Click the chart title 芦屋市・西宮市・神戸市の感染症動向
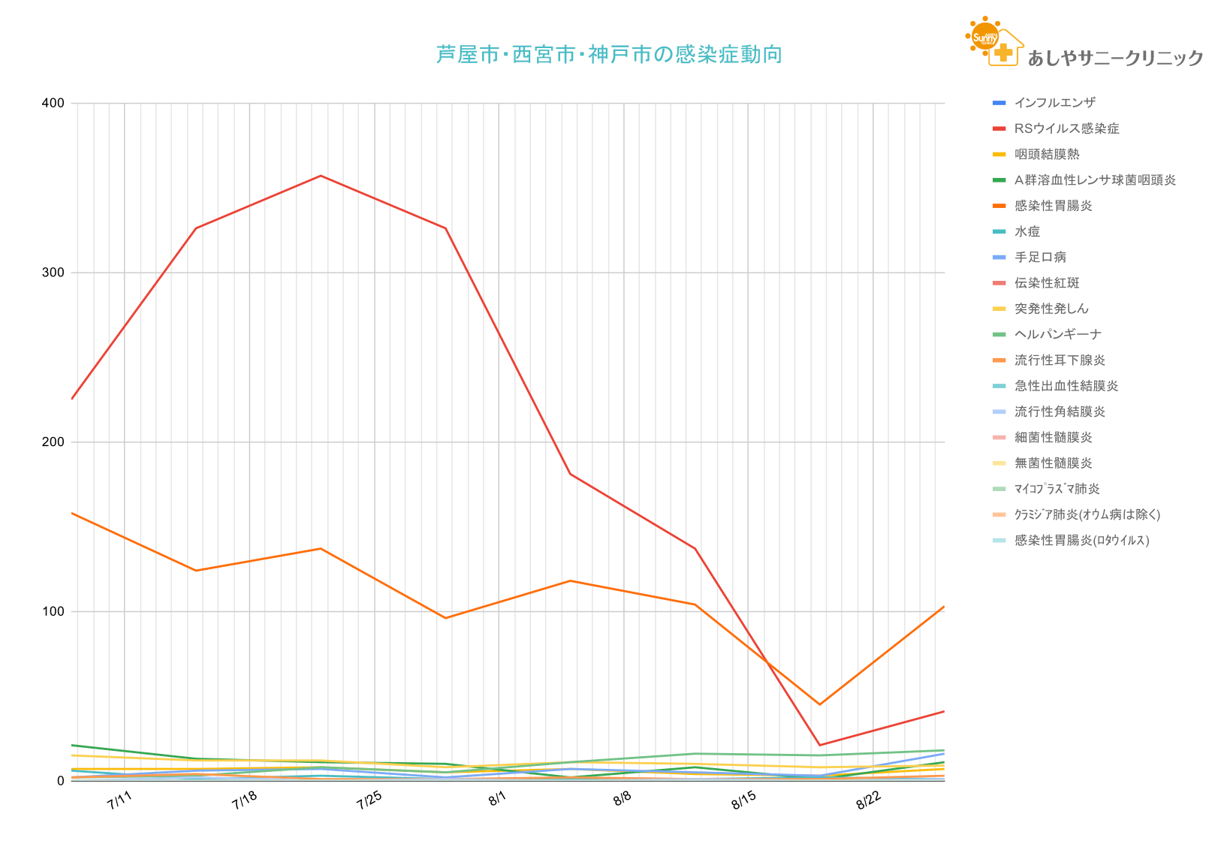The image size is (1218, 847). pos(609,55)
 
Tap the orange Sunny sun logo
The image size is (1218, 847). pos(984,36)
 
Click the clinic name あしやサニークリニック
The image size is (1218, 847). pos(1114,59)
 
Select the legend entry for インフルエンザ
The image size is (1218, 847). pos(1054,103)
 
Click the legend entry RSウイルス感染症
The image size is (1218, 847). pos(1066,128)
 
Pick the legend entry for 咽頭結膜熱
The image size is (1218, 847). pos(1047,154)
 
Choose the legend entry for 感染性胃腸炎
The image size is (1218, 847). pos(1053,206)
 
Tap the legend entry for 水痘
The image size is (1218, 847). pos(1027,231)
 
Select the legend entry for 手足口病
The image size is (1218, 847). pos(1040,257)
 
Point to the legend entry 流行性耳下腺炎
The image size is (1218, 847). pos(1060,360)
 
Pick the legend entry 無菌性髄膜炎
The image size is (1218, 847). pos(1053,463)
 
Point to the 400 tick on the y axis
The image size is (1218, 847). pos(58,103)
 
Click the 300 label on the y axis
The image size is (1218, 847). pos(58,273)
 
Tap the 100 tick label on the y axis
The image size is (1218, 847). pos(58,611)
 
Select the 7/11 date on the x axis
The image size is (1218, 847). pos(119,801)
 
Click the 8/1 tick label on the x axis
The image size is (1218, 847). pos(497,800)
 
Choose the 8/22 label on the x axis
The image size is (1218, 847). pos(869,801)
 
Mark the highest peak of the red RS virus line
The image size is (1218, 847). pos(321,176)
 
